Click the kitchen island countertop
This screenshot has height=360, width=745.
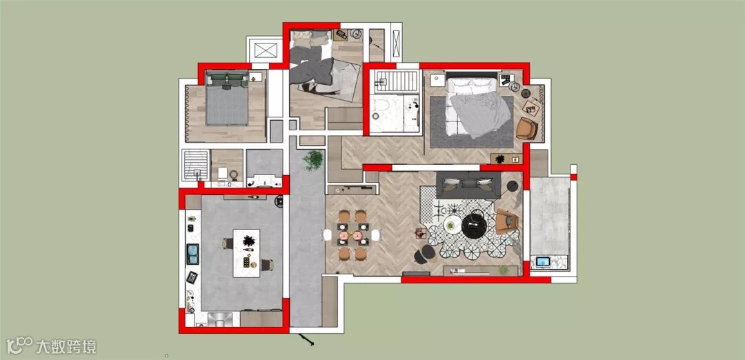(x=246, y=253)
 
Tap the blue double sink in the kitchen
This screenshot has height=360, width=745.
(x=193, y=254)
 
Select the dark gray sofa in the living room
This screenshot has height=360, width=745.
(x=468, y=185)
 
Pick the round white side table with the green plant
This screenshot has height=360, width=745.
(x=452, y=225)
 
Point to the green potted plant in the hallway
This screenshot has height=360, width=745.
(x=312, y=160)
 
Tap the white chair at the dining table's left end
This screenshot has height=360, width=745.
(x=328, y=234)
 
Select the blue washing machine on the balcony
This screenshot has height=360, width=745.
(x=543, y=261)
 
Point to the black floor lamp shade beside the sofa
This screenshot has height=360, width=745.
(x=511, y=186)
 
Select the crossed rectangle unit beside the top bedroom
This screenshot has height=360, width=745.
(x=265, y=50)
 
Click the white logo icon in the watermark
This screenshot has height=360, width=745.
(x=19, y=346)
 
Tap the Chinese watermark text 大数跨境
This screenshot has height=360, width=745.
(x=66, y=346)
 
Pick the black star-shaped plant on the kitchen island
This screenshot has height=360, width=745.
(x=248, y=241)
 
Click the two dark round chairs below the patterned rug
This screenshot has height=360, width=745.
(x=424, y=255)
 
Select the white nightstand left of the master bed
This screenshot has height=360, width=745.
(x=437, y=80)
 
